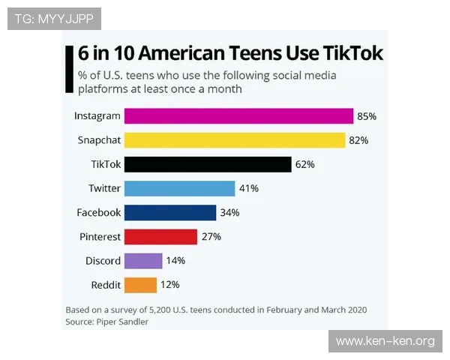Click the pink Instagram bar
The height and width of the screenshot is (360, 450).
238,116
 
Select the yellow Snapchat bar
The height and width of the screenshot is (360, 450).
234,140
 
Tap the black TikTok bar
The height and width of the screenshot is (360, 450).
207,164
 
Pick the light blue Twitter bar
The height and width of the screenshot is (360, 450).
180,188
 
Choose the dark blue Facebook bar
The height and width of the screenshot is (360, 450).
170,212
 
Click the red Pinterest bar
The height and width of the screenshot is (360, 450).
160,236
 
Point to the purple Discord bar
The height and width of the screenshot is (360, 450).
143,260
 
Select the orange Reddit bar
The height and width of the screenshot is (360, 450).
140,284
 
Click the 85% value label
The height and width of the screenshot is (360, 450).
367,116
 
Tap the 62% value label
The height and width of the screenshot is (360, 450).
305,164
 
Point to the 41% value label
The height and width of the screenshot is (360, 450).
249,188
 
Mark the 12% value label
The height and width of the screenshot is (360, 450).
170,284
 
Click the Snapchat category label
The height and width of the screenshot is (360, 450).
99,140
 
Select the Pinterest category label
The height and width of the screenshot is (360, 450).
100,236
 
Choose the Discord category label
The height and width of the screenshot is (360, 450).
103,260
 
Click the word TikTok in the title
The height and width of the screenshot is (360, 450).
352,53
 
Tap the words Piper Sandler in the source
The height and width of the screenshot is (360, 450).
122,321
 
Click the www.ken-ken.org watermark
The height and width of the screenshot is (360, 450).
385,341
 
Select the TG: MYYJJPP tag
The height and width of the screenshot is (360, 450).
54,18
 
